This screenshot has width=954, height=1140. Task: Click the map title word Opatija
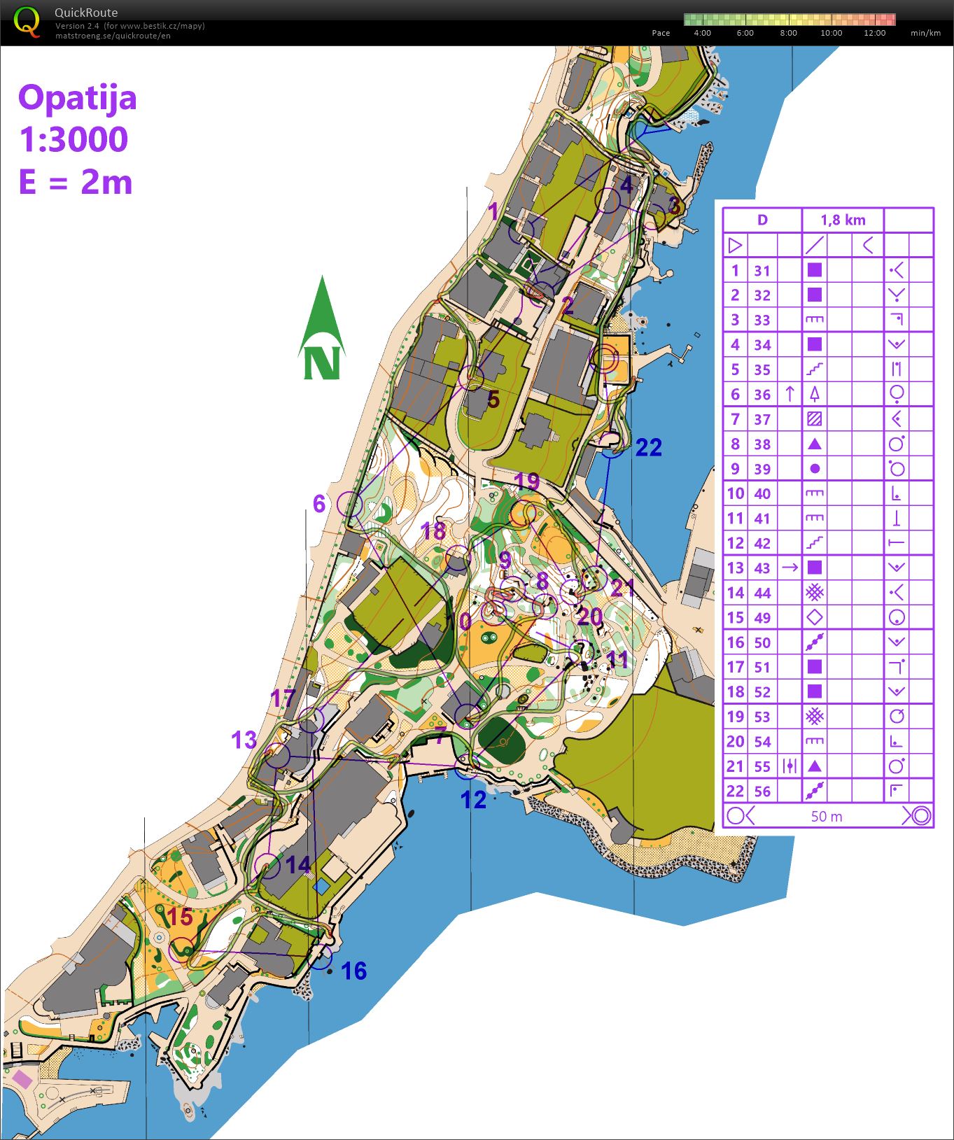77,97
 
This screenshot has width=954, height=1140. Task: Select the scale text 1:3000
73,139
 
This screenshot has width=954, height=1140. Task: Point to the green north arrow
321,328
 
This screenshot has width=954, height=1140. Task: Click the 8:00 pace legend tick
788,33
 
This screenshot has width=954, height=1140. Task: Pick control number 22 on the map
648,448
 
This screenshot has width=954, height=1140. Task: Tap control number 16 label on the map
354,971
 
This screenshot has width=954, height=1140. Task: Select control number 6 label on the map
319,503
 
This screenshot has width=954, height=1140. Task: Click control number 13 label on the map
244,740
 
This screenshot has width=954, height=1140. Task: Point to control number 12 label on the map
473,799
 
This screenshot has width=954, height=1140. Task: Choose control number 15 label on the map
180,916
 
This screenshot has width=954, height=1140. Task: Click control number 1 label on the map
493,211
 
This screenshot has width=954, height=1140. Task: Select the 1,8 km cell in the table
843,220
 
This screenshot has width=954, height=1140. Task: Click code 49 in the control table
762,618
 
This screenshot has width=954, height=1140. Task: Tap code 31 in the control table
762,271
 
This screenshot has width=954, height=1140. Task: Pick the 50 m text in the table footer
827,816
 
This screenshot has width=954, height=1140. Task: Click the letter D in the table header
762,220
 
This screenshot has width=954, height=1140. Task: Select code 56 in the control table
762,791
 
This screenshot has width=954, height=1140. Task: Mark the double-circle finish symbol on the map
605,359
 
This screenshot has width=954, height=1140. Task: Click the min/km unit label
925,33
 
